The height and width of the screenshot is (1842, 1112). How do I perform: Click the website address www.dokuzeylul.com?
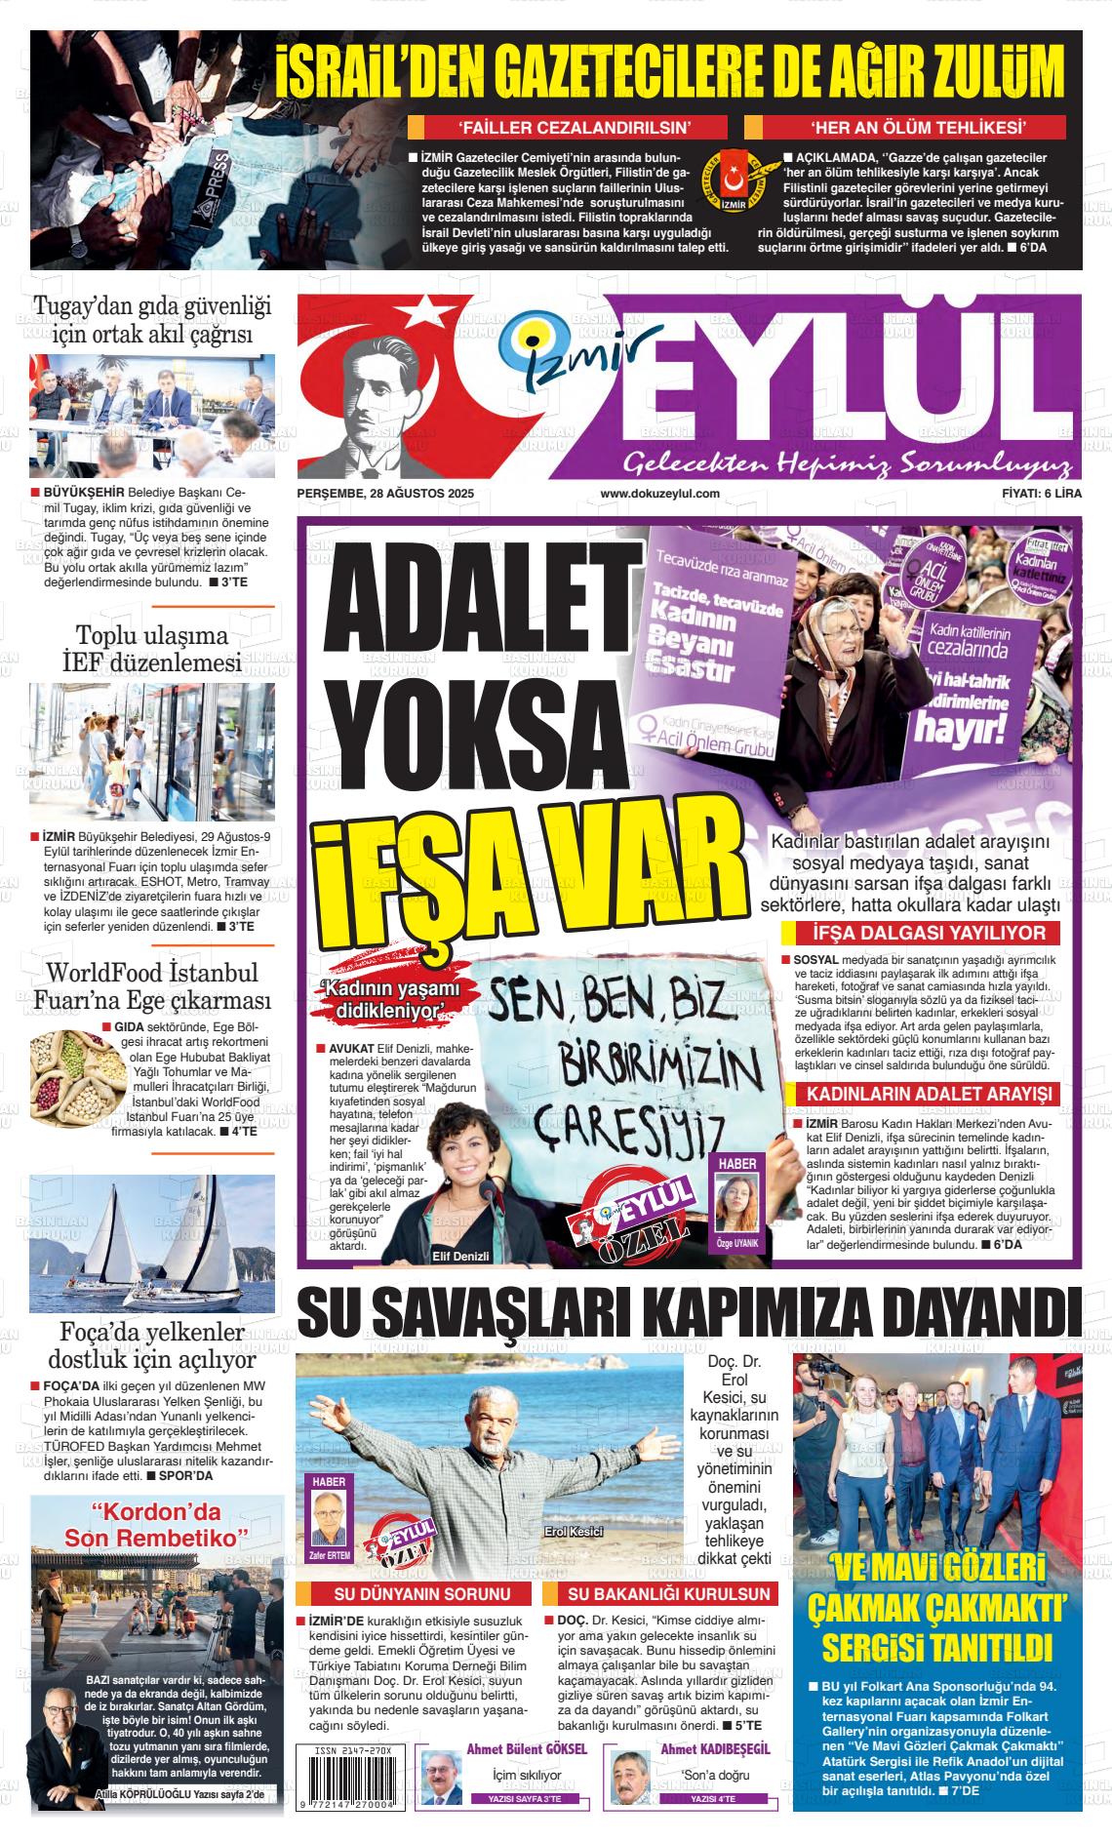659,494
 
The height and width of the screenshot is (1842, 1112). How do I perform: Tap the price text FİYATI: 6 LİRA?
1042,494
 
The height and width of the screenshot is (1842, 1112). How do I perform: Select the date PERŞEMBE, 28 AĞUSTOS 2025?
385,494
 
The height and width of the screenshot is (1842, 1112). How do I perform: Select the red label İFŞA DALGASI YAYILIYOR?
921,934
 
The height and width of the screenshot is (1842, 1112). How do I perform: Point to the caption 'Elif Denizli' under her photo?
460,1257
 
